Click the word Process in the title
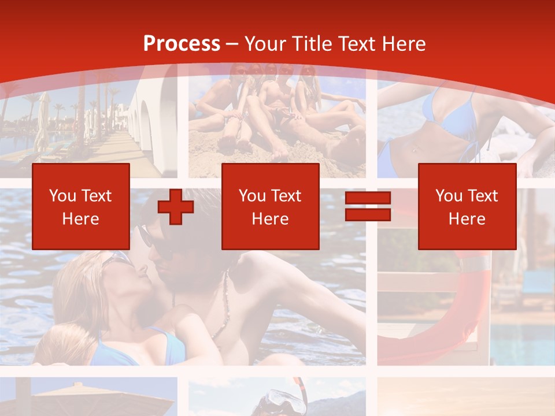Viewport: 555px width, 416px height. pyautogui.click(x=182, y=44)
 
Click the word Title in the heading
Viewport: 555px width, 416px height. pyautogui.click(x=314, y=44)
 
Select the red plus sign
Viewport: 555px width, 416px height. pyautogui.click(x=176, y=207)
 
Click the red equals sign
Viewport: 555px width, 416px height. pyautogui.click(x=368, y=207)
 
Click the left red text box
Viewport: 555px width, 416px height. pyautogui.click(x=81, y=206)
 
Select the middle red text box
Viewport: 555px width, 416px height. pyautogui.click(x=271, y=206)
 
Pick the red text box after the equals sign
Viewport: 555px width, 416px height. pyautogui.click(x=467, y=206)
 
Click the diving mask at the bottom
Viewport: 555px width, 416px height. pyautogui.click(x=272, y=402)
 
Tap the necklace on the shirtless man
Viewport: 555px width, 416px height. pyautogui.click(x=223, y=312)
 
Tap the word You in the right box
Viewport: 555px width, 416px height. pyautogui.click(x=448, y=196)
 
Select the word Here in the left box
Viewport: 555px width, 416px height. pyautogui.click(x=81, y=219)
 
